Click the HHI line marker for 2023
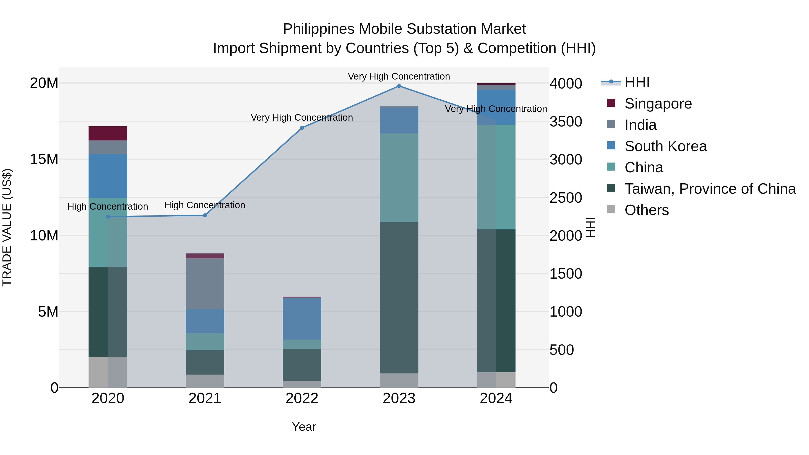(x=399, y=86)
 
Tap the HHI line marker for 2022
(x=302, y=128)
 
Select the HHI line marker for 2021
(x=205, y=215)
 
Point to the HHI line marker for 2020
(x=108, y=217)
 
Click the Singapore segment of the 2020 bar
(x=108, y=133)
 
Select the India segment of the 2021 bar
(x=205, y=284)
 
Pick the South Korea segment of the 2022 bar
(x=302, y=319)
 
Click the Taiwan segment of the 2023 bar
(x=399, y=298)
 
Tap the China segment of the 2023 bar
(x=399, y=178)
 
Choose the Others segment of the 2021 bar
(x=205, y=381)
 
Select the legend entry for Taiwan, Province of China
(x=710, y=189)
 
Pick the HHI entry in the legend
(x=637, y=82)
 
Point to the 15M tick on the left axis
(x=44, y=159)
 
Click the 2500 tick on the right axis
(x=566, y=198)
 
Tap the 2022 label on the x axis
(x=302, y=398)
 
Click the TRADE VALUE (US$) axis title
(x=7, y=227)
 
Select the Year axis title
(x=304, y=427)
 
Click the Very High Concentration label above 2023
(x=399, y=76)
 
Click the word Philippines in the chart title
(x=318, y=29)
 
